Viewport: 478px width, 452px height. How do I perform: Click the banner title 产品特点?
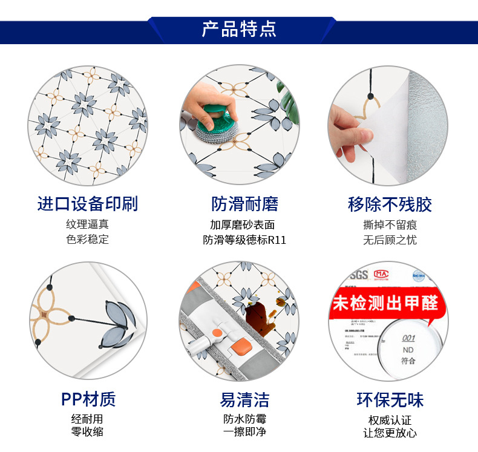click(239, 29)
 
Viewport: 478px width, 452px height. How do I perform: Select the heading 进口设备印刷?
click(88, 204)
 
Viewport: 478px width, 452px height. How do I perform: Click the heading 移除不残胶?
click(390, 204)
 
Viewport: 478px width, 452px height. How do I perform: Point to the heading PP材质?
click(88, 399)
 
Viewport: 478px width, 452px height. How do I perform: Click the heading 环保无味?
click(390, 399)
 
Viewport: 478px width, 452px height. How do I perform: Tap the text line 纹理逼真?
click(88, 224)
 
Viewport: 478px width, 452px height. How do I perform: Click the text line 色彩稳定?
click(88, 239)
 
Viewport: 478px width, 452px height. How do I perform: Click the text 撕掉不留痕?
click(390, 224)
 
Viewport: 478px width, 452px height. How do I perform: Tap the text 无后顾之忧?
click(390, 240)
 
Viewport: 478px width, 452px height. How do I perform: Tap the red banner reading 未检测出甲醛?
click(385, 303)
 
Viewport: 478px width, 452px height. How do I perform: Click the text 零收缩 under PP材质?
click(88, 432)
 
